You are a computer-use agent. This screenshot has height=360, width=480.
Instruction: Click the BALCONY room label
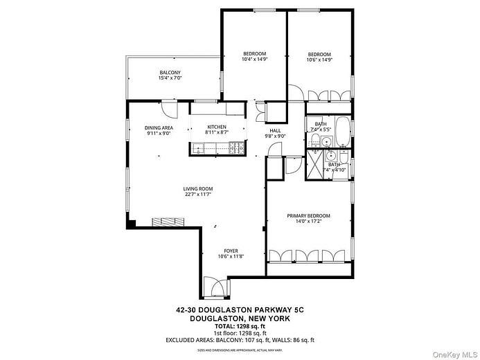pyautogui.click(x=170, y=73)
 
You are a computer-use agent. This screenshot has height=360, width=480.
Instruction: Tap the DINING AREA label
pyautogui.click(x=159, y=128)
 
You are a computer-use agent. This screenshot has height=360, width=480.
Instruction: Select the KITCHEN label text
pyautogui.click(x=217, y=127)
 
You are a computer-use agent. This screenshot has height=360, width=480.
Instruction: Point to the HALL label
pyautogui.click(x=275, y=130)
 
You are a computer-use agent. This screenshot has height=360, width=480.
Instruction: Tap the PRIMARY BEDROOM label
pyautogui.click(x=308, y=216)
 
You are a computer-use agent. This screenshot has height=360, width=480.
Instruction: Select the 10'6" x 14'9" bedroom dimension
pyautogui.click(x=319, y=60)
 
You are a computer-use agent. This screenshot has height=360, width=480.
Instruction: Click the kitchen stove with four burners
pyautogui.click(x=236, y=147)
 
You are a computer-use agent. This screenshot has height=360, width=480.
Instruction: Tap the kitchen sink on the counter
pyautogui.click(x=199, y=147)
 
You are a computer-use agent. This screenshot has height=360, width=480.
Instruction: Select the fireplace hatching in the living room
pyautogui.click(x=168, y=222)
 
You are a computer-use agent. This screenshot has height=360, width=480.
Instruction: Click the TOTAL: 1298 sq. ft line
pyautogui.click(x=240, y=326)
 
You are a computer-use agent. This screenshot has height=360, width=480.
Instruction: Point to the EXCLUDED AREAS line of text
pyautogui.click(x=240, y=340)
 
